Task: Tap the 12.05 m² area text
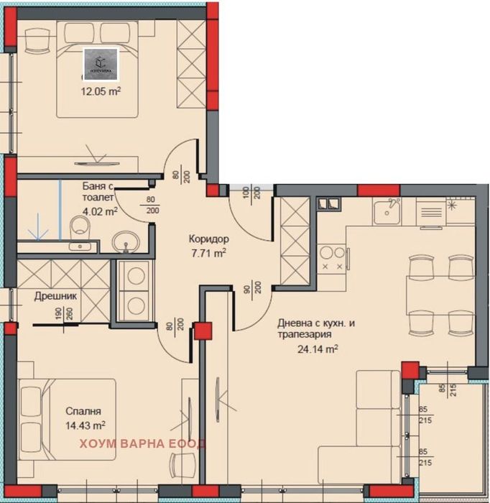click(x=100, y=91)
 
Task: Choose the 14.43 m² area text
click(x=85, y=425)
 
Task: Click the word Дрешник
click(x=55, y=295)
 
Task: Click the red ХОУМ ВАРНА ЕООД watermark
click(x=142, y=443)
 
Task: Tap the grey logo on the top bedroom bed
click(x=101, y=63)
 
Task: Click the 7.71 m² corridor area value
click(x=208, y=253)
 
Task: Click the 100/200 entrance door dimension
click(x=251, y=195)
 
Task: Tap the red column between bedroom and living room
click(x=203, y=331)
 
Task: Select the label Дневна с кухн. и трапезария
click(x=315, y=330)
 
